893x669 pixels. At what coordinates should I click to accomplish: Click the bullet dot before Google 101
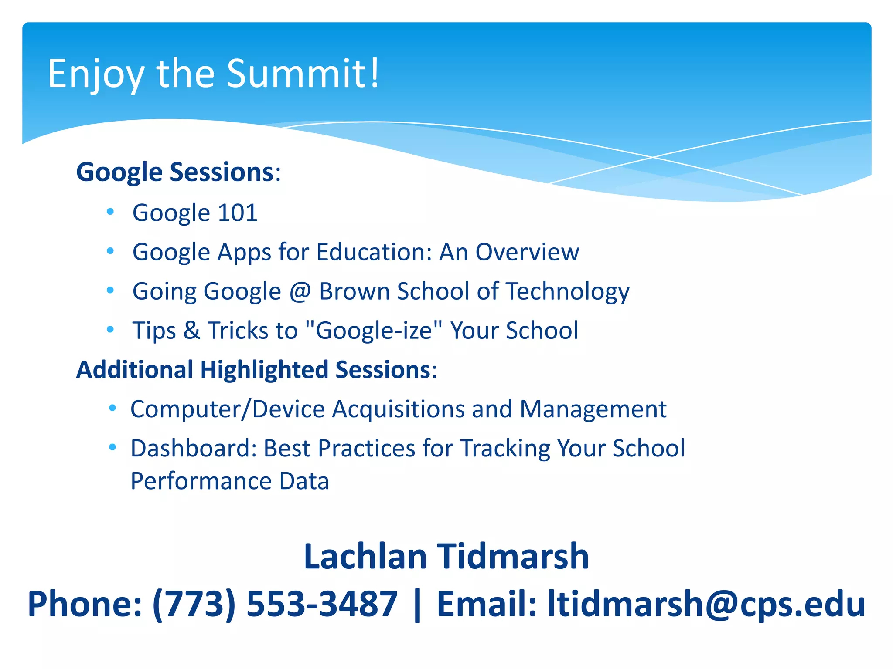coord(110,212)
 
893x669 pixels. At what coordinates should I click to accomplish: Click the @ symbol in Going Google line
coord(300,291)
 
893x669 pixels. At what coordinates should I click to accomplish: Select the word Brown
coord(354,291)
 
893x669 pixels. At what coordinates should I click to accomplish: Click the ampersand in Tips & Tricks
coord(191,330)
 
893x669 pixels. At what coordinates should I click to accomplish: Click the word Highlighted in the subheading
coord(264,370)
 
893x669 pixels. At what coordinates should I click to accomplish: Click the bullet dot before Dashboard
coord(112,447)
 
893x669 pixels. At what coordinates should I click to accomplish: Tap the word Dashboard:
coord(193,448)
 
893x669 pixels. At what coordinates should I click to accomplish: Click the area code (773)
coord(194,604)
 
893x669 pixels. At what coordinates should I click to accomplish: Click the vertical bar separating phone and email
coord(417,604)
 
